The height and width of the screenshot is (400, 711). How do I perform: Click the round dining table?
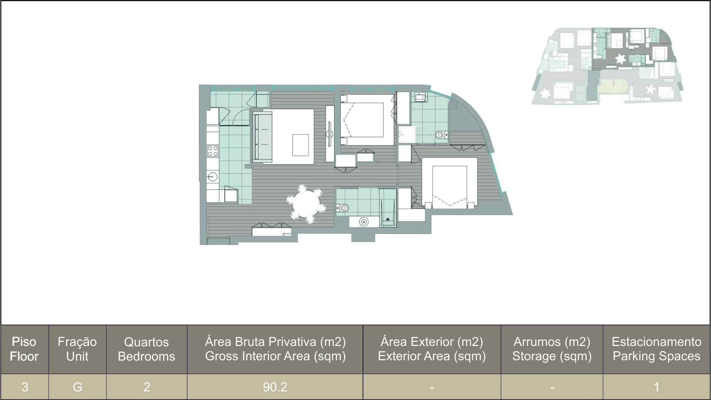coord(306,204)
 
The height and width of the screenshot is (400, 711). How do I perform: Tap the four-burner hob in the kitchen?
coord(213,151)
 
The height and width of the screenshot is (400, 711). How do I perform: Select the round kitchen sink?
coord(213,176)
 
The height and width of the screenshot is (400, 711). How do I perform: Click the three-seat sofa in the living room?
coord(262,137)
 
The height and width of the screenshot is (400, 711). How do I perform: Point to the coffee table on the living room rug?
coord(300,145)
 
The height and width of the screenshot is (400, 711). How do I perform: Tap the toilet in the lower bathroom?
coord(343,208)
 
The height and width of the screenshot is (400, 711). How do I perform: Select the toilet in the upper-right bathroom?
coord(441,134)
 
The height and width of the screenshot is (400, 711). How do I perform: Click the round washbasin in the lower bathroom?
coord(363,222)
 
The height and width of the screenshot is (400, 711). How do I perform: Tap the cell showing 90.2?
coord(275,386)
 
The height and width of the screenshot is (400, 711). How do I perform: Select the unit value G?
coord(77,386)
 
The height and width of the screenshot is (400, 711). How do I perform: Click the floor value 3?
coord(25,386)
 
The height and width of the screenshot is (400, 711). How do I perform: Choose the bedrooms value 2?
coord(147,386)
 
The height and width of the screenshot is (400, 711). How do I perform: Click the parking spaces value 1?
coord(657,386)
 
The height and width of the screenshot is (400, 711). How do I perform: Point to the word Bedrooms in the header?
coord(146,356)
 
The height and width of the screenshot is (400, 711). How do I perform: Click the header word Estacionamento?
coord(657,342)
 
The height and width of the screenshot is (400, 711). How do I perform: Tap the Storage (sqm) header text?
coord(552,356)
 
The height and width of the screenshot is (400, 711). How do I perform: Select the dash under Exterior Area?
coord(432,387)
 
